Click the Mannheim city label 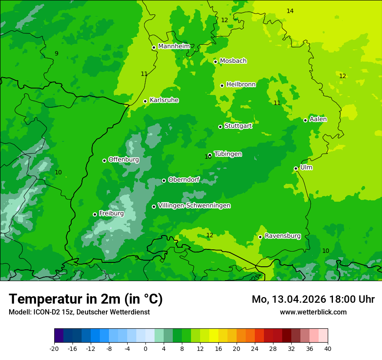174,46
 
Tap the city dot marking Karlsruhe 145,101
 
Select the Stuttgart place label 238,126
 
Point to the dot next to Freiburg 95,214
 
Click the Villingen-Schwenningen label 194,206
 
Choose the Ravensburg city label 283,236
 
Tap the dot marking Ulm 296,168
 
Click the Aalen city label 318,119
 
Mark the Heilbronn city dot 222,85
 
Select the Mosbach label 233,61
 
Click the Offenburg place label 124,160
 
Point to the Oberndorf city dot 164,180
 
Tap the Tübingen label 228,154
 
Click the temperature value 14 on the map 290,11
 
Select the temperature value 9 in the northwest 56,53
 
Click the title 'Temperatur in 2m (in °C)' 86,299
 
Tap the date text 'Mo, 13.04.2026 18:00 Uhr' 313,299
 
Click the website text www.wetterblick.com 313,312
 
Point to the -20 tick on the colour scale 54,348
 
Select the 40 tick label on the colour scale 327,348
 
